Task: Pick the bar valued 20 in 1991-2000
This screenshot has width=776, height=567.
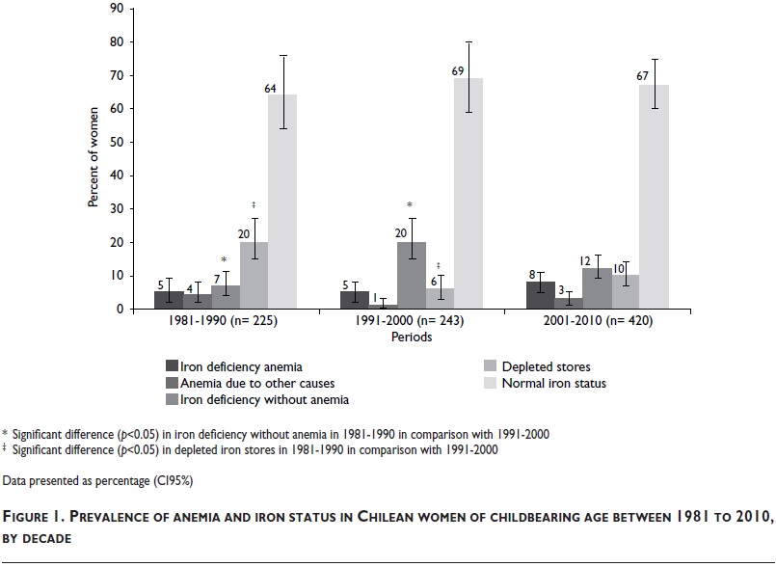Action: tap(412, 276)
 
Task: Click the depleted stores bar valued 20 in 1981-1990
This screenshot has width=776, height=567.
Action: tap(254, 276)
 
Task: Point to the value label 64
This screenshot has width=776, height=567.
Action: tap(271, 89)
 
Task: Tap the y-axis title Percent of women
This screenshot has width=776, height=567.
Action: tap(94, 159)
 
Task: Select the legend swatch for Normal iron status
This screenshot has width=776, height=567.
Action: tap(490, 383)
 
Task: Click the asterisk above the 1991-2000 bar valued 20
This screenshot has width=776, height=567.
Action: tap(411, 205)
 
